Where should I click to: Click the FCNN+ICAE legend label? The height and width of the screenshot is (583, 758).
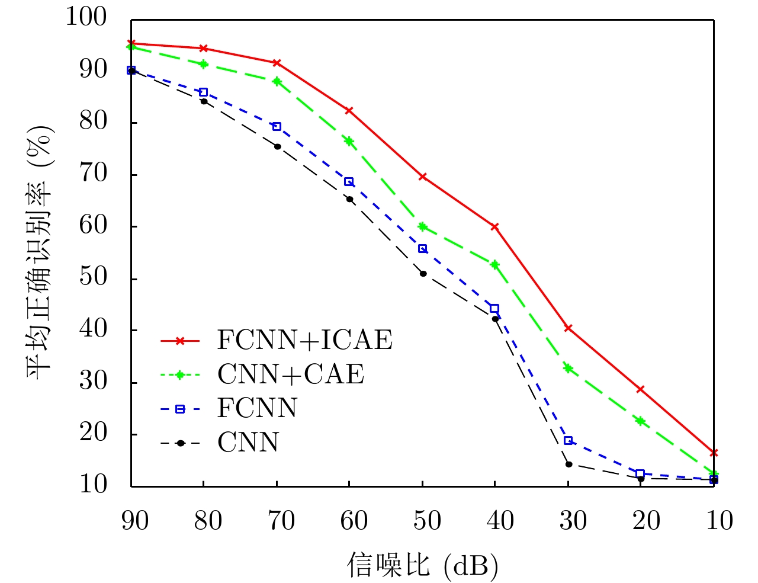point(304,340)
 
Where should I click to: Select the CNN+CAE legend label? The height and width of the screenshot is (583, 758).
point(291,374)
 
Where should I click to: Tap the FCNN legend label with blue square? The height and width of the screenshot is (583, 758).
point(257,408)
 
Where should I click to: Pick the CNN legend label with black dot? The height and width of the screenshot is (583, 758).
point(248,443)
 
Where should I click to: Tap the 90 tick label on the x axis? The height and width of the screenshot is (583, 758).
point(135,521)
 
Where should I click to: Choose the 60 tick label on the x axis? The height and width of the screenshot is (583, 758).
point(354,521)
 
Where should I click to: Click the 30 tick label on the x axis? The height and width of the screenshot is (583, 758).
point(573,521)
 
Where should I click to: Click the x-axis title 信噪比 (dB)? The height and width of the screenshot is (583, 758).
point(422,565)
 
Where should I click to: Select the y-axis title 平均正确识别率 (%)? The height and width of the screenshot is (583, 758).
point(39,252)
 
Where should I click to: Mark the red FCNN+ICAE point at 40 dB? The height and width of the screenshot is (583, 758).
point(494,227)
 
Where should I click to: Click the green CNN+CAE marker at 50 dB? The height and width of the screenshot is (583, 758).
point(422,226)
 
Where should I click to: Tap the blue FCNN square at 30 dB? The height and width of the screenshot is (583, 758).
point(568,440)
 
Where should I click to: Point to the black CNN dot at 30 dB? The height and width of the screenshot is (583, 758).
point(568,464)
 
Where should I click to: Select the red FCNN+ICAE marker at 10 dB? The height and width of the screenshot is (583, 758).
point(714,453)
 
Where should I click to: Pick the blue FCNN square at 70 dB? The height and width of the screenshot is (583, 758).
point(277,126)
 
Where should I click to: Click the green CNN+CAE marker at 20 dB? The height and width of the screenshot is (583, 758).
point(640,421)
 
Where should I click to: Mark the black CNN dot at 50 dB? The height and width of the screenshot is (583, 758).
point(423,274)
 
